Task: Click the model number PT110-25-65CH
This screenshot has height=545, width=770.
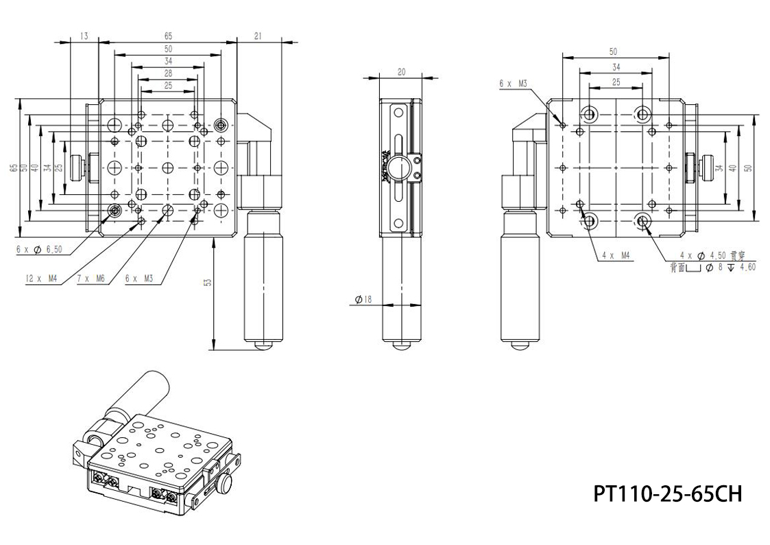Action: pyautogui.click(x=667, y=493)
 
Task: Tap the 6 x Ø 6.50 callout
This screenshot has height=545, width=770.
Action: pyautogui.click(x=40, y=249)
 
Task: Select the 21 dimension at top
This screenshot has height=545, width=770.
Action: pyautogui.click(x=258, y=36)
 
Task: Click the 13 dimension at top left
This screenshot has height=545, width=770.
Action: pyautogui.click(x=84, y=36)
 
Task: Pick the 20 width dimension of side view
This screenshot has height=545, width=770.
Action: pyautogui.click(x=401, y=71)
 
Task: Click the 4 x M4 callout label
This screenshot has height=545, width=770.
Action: pyautogui.click(x=616, y=255)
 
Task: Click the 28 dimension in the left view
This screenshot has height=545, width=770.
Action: pyautogui.click(x=167, y=73)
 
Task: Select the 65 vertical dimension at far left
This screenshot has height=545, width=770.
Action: pyautogui.click(x=14, y=168)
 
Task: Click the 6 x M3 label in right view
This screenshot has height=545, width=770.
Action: pyautogui.click(x=513, y=83)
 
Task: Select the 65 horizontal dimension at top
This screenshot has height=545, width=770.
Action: pyautogui.click(x=167, y=36)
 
